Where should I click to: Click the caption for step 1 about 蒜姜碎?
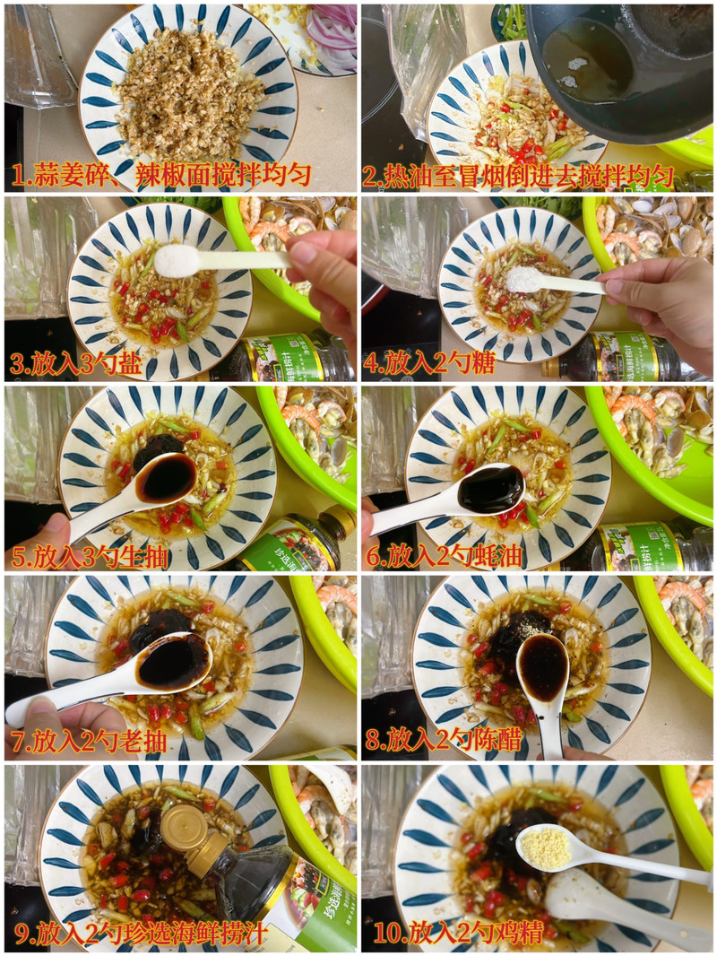161,176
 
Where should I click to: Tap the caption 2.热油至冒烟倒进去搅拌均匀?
518,176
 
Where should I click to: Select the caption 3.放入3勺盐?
76,364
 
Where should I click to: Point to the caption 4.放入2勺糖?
429,363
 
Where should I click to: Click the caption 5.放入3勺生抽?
89,557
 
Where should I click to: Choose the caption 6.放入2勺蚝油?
444,556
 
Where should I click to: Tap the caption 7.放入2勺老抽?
89,742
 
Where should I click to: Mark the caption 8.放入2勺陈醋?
444,740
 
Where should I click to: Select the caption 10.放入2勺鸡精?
458,932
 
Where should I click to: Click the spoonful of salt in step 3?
177,261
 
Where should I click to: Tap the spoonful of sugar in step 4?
525,280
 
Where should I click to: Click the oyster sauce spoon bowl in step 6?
491,489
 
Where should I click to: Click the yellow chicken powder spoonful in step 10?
546,847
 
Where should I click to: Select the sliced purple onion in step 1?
332,38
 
